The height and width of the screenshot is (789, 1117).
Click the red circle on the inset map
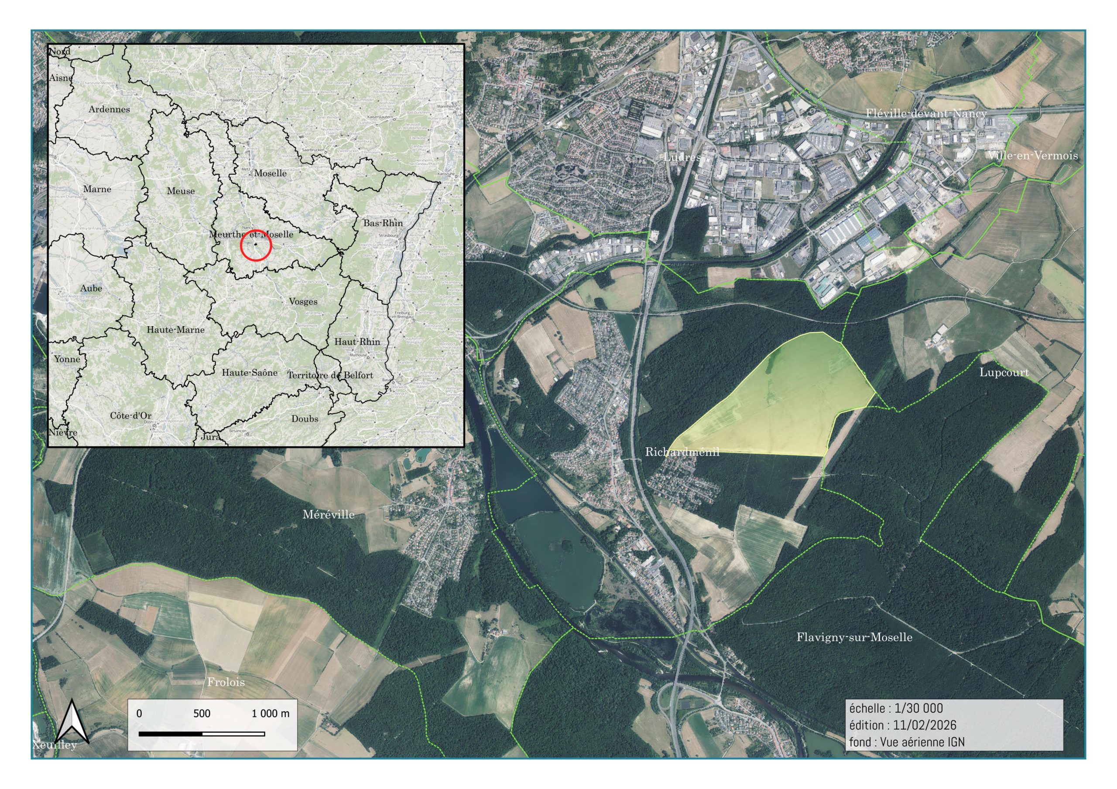click(256, 245)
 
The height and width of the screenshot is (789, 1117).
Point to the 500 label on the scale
click(202, 714)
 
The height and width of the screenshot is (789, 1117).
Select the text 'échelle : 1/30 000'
click(896, 708)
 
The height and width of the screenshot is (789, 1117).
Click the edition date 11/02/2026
click(924, 725)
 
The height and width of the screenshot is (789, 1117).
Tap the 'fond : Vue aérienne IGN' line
click(907, 742)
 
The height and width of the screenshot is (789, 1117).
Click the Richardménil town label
click(682, 452)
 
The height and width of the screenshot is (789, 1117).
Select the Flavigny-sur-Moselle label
click(854, 637)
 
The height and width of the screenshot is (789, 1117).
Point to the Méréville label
click(329, 514)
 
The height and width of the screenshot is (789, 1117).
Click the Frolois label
click(226, 682)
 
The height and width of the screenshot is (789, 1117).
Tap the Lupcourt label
click(1004, 373)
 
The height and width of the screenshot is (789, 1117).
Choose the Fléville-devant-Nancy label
click(926, 113)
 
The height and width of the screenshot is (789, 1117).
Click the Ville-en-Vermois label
click(1032, 156)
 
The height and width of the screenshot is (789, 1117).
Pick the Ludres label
click(682, 157)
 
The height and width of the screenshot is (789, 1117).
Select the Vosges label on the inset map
click(303, 301)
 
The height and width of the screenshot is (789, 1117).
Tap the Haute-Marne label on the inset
click(176, 330)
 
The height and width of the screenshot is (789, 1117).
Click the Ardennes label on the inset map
click(109, 109)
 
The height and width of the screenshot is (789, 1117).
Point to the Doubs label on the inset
click(305, 418)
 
